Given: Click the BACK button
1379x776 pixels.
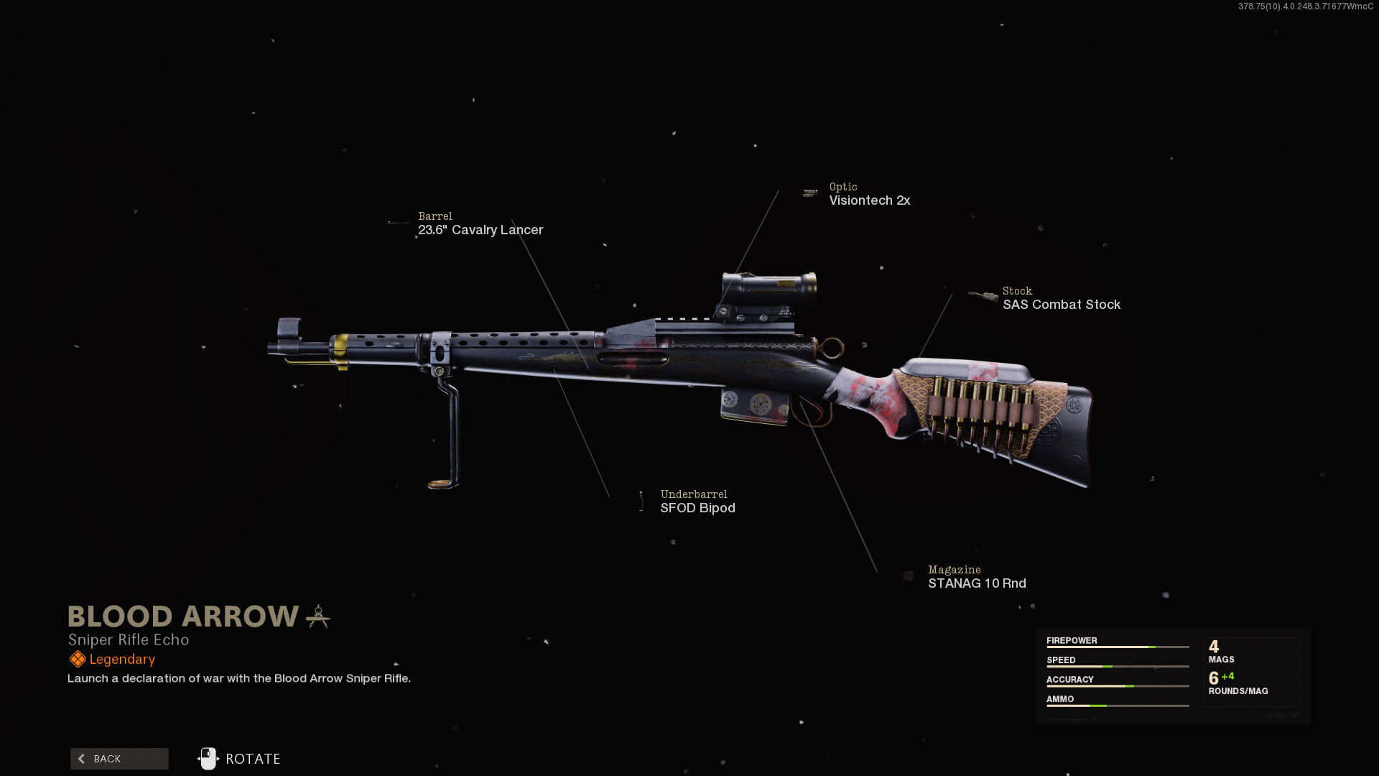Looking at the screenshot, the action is click(119, 759).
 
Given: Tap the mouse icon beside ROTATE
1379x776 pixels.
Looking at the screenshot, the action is click(208, 759).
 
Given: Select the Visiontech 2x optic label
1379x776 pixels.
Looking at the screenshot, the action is click(869, 200).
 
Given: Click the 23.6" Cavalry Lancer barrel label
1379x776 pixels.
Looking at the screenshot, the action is click(480, 230).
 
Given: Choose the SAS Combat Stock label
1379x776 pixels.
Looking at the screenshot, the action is click(1061, 305).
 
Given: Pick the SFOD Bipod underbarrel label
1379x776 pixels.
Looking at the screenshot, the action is click(697, 508).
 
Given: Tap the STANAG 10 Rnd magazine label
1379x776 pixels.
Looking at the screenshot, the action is click(977, 583).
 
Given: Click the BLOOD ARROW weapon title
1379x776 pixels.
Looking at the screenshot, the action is click(183, 616).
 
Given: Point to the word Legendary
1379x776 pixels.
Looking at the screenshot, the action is click(122, 660).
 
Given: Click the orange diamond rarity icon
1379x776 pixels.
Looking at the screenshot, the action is click(77, 659).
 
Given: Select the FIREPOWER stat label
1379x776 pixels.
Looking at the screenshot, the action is click(1072, 640).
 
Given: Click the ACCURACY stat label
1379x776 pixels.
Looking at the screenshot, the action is click(1069, 679).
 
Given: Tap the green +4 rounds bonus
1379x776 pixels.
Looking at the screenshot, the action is click(1227, 676).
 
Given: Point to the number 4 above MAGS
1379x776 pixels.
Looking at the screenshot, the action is click(1214, 647).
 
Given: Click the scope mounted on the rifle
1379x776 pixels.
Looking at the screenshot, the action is click(769, 287).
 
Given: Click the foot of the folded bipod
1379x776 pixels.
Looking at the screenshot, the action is click(442, 484).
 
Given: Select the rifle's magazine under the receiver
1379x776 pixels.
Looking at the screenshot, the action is click(754, 406).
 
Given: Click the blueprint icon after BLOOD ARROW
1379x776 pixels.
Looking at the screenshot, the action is click(318, 616).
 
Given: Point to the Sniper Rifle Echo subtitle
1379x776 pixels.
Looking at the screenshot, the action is click(129, 639).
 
